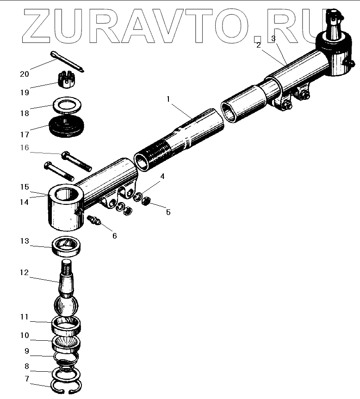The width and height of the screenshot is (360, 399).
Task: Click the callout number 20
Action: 24,74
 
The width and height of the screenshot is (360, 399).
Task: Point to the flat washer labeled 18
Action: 68,104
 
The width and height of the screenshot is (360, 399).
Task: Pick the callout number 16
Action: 24,147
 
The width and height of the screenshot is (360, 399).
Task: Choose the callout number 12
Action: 24,273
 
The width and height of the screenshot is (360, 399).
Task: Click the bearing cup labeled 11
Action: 67,326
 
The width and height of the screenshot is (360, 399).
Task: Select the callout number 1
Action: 168,99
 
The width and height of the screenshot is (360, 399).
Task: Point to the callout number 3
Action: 274,39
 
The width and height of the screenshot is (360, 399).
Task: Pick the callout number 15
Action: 24,187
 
